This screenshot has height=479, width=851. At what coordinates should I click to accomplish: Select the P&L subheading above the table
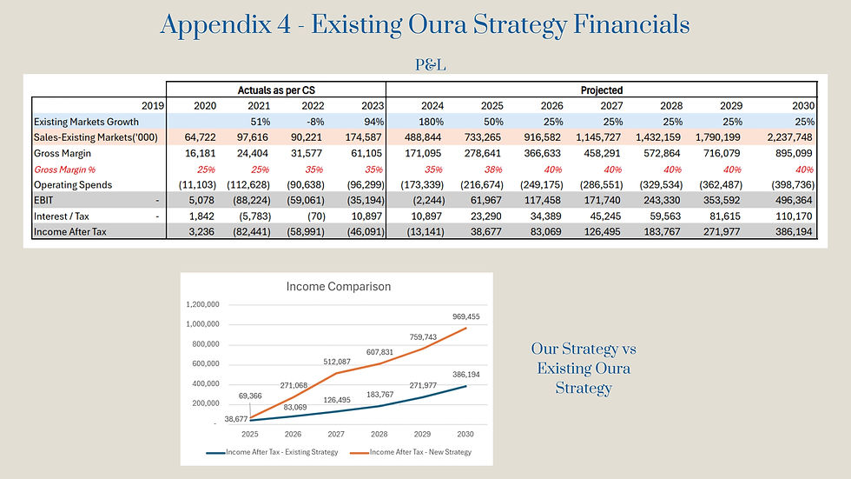[x=431, y=65]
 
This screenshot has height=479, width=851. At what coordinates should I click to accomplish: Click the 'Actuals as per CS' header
[x=276, y=90]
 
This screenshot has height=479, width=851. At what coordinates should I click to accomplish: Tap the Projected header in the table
[x=601, y=90]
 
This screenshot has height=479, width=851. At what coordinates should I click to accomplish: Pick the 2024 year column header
[x=432, y=106]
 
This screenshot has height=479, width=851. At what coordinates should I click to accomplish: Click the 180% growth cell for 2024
[x=431, y=122]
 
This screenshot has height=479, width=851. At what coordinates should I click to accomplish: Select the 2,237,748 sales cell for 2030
[x=789, y=137]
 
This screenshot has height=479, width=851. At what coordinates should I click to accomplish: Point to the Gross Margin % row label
[x=64, y=170]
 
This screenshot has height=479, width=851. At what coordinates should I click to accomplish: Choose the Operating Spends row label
[x=73, y=184]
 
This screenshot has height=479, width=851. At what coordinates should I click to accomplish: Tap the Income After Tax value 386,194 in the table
[x=794, y=231]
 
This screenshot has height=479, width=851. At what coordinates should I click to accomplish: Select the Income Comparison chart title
[x=338, y=286]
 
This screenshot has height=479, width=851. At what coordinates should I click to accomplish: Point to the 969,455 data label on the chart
[x=466, y=316]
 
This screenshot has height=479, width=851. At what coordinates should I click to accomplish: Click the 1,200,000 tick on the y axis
[x=202, y=304]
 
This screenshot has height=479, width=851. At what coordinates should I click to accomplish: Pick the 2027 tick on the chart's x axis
[x=336, y=434]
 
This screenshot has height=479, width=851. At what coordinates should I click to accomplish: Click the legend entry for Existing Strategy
[x=272, y=452]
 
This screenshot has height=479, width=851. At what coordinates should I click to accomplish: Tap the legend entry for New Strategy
[x=411, y=452]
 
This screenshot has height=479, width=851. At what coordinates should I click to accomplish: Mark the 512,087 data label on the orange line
[x=337, y=362]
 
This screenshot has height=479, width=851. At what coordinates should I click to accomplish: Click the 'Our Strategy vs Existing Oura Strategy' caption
[x=584, y=369]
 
